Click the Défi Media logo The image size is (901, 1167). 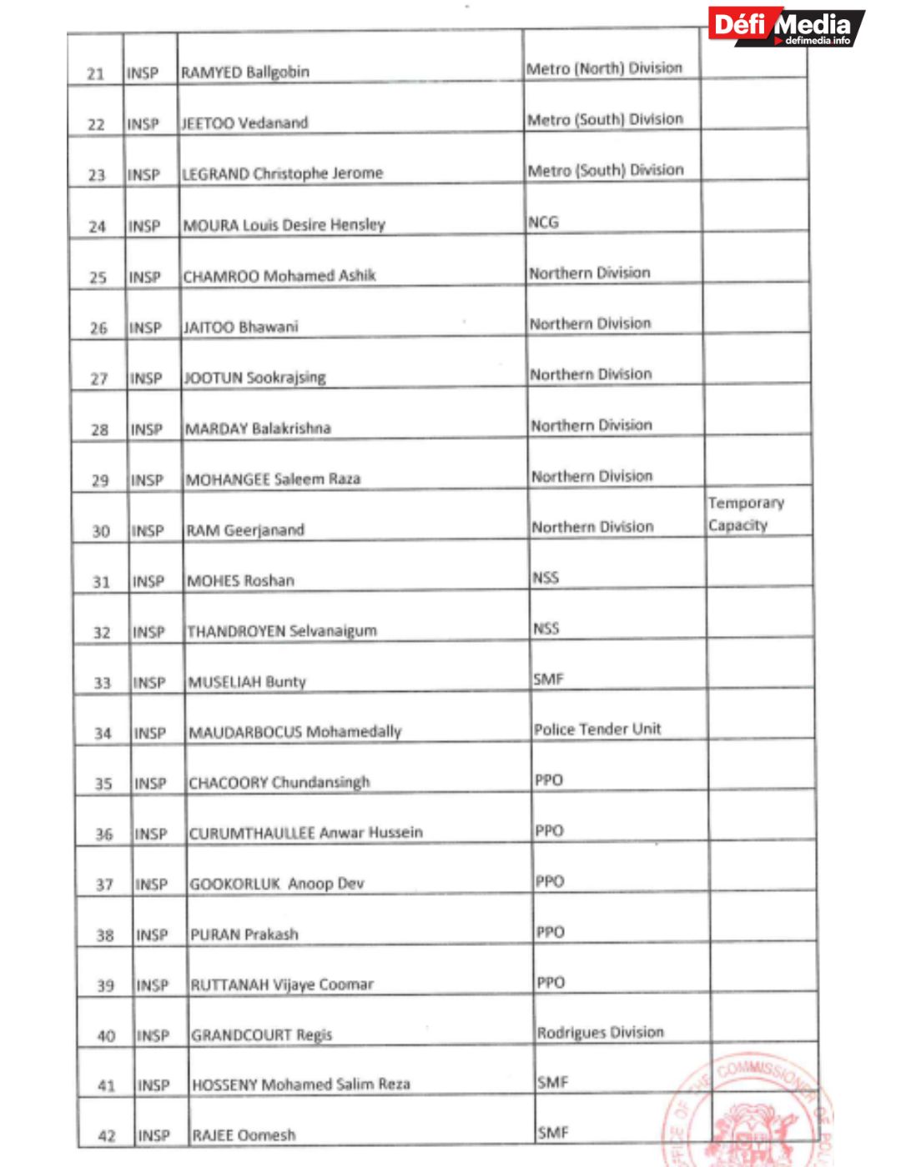[786, 27]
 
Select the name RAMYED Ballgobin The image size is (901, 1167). [245, 73]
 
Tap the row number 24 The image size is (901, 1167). [98, 227]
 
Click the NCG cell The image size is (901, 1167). [543, 223]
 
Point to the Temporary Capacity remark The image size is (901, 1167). [746, 514]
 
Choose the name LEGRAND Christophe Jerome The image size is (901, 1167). [282, 173]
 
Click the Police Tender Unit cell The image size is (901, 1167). [597, 729]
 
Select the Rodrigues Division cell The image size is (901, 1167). [601, 1033]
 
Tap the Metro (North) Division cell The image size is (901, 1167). [604, 68]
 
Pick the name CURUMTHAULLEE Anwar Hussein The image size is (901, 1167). [306, 833]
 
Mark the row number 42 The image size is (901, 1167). [107, 1136]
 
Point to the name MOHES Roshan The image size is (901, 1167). [241, 581]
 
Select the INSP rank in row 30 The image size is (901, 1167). [148, 531]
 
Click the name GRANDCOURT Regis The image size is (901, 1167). [262, 1035]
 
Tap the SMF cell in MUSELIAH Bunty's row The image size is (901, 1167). [549, 679]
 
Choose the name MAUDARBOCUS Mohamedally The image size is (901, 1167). [295, 732]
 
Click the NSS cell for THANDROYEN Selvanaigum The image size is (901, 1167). [546, 629]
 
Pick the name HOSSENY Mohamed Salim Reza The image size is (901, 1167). [301, 1084]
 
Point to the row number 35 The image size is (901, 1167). [103, 784]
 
